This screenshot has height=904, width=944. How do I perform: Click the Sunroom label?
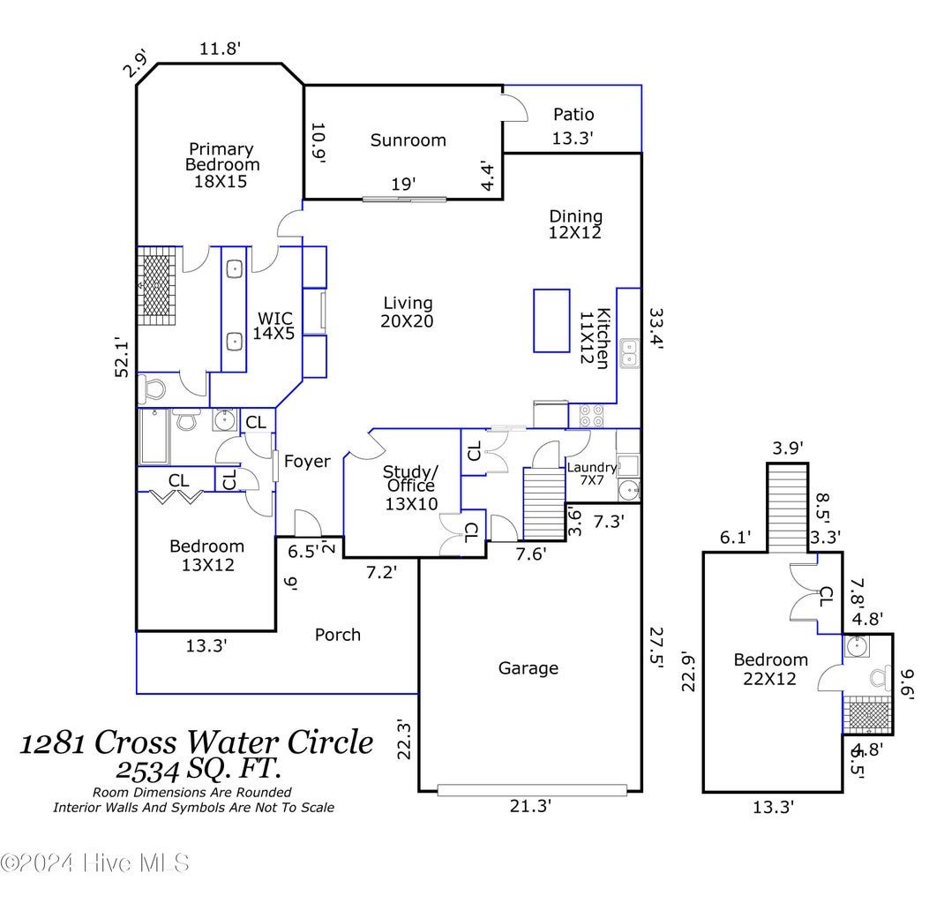pos(408,139)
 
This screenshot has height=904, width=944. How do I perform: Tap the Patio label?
pos(573,114)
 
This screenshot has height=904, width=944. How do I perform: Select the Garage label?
pos(528,668)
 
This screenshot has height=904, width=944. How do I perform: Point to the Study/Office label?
pos(410,486)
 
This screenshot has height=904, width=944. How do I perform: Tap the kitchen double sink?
pos(630,354)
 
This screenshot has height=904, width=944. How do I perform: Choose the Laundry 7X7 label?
pos(591,475)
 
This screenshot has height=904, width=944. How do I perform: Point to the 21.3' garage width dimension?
pos(531,805)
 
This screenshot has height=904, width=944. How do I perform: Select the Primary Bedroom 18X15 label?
pos(221,165)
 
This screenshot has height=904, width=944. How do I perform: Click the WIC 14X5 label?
pos(274,326)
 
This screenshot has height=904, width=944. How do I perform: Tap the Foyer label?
pos(307,461)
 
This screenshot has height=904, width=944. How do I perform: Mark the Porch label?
pos(338,634)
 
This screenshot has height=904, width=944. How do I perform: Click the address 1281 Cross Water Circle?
pos(197,742)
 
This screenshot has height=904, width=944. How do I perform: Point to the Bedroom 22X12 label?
pos(770,668)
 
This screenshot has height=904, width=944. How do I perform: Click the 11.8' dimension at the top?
pos(220,49)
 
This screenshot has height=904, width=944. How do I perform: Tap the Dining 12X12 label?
pos(576,223)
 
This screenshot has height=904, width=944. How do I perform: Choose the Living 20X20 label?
pos(407,313)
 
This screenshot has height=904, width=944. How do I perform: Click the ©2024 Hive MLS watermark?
pos(94,863)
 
